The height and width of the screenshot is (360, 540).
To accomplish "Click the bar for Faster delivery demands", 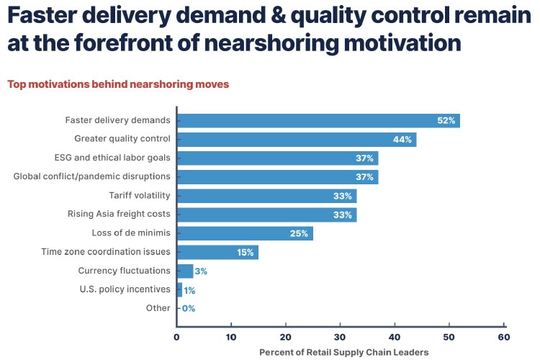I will click(x=317, y=120).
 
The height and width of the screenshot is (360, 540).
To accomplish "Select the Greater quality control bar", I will click(x=295, y=139).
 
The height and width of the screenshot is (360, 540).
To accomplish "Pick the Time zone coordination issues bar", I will click(x=216, y=252).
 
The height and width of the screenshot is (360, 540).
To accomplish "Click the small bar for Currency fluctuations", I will click(x=184, y=271).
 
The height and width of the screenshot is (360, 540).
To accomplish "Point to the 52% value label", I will click(x=446, y=120).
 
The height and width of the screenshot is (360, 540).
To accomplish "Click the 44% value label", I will click(x=402, y=139).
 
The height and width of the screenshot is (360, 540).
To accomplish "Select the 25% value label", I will click(x=299, y=233).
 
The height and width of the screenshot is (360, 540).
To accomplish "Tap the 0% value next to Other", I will click(x=189, y=308).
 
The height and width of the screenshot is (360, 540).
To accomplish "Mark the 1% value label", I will click(x=189, y=289).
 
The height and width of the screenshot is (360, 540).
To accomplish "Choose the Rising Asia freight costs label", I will click(x=119, y=214).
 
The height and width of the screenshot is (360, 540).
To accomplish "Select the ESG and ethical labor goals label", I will click(x=112, y=158).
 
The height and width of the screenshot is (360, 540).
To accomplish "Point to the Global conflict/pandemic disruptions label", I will click(x=92, y=176).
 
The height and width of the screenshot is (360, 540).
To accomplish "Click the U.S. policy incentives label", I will click(x=125, y=289).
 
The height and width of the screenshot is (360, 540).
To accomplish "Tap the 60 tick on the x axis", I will click(x=503, y=336).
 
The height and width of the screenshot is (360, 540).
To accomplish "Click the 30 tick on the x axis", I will click(x=340, y=336).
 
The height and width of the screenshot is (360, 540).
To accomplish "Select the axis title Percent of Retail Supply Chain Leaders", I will click(x=343, y=352).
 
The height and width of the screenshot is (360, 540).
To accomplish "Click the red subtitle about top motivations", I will click(x=118, y=84).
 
